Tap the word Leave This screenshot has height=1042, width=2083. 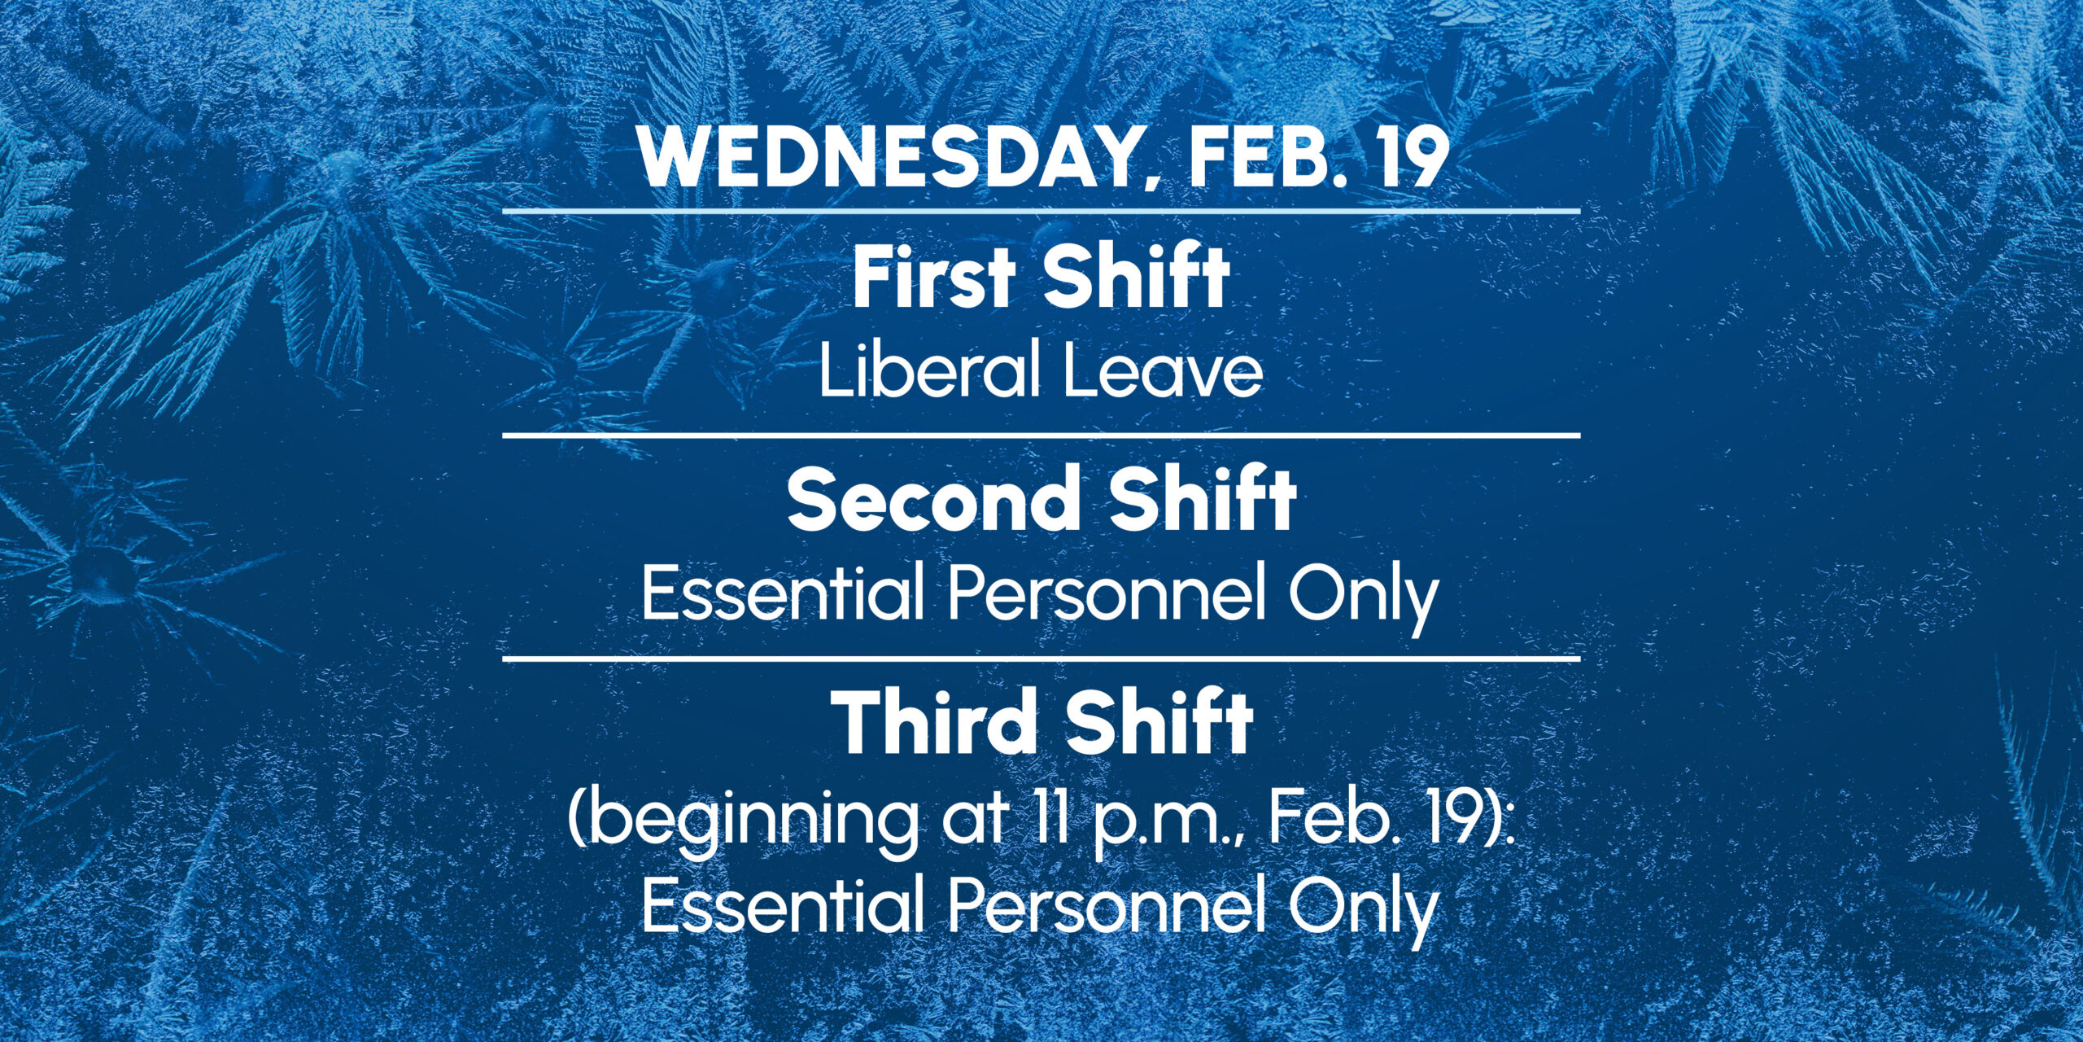click(1164, 370)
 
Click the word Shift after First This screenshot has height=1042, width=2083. click(1138, 277)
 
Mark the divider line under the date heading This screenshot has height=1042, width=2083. click(1041, 211)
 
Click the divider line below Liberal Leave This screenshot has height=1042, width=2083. click(1041, 436)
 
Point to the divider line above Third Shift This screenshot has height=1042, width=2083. click(1041, 658)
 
